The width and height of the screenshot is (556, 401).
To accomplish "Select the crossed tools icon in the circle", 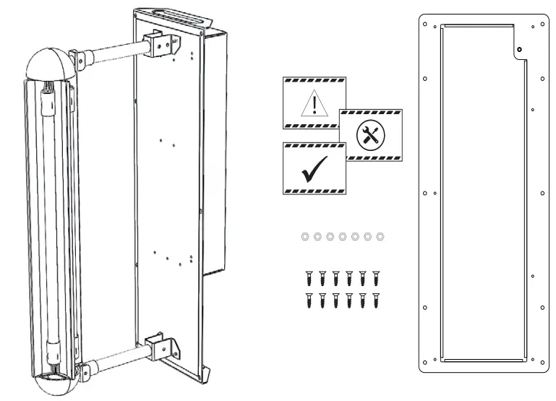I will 372,134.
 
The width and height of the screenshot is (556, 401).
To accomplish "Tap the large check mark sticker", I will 313,167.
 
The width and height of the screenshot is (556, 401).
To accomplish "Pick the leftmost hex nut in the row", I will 304,236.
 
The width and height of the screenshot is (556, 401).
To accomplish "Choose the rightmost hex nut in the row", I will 381,236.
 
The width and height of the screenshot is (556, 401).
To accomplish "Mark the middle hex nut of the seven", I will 343,236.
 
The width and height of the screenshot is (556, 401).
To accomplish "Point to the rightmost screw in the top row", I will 376,277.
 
